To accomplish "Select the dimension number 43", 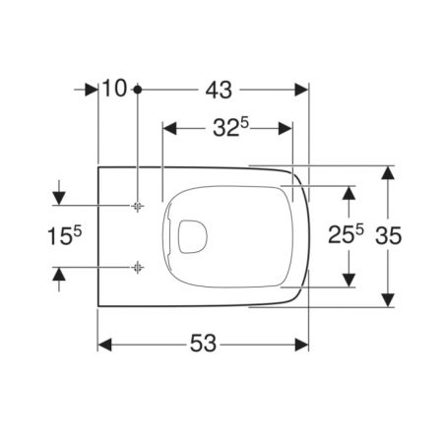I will click(x=219, y=90).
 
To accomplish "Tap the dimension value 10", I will click(x=115, y=90).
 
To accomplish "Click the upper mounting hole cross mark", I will click(x=138, y=205).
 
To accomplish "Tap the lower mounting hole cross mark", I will click(x=138, y=267).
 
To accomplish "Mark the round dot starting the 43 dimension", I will click(x=138, y=90).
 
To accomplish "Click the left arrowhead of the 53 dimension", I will click(x=104, y=344).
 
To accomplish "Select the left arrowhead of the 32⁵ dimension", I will click(x=168, y=128).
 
